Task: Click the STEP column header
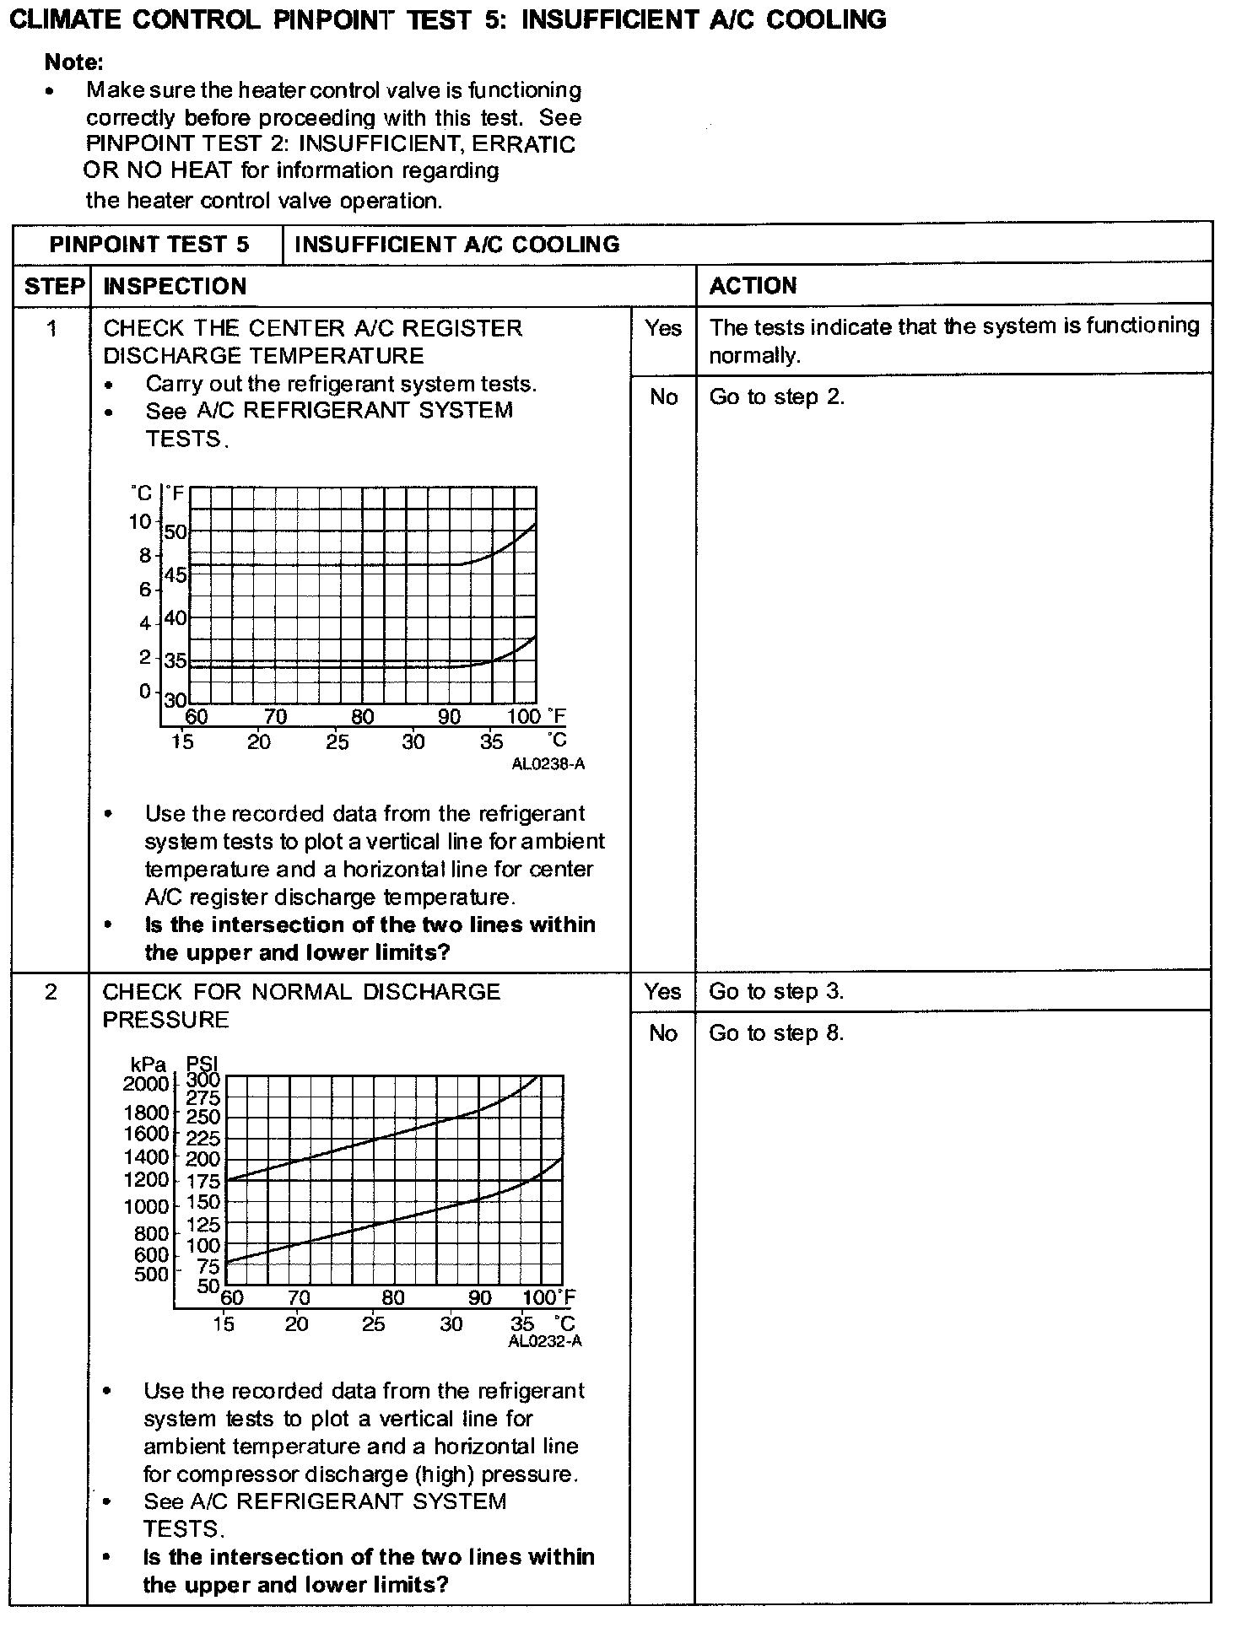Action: (x=54, y=286)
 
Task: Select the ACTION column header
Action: (x=753, y=286)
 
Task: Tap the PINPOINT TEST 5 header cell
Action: (x=149, y=245)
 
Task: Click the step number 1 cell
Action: (x=52, y=328)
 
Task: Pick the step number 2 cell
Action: (x=51, y=992)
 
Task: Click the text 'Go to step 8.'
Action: (x=776, y=1033)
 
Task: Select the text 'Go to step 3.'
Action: (x=776, y=991)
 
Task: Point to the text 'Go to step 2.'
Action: (x=776, y=396)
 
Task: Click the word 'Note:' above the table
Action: (x=73, y=62)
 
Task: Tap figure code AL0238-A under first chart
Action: (x=548, y=764)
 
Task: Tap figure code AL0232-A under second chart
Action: (x=545, y=1341)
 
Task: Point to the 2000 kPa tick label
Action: (x=146, y=1083)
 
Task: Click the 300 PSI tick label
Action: (x=202, y=1079)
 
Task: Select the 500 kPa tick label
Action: (x=151, y=1275)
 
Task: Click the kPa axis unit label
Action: (x=148, y=1065)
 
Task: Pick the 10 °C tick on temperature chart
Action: (x=139, y=521)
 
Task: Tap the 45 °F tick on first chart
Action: (x=175, y=575)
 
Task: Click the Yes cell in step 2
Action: (x=662, y=991)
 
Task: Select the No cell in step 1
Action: (x=663, y=396)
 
